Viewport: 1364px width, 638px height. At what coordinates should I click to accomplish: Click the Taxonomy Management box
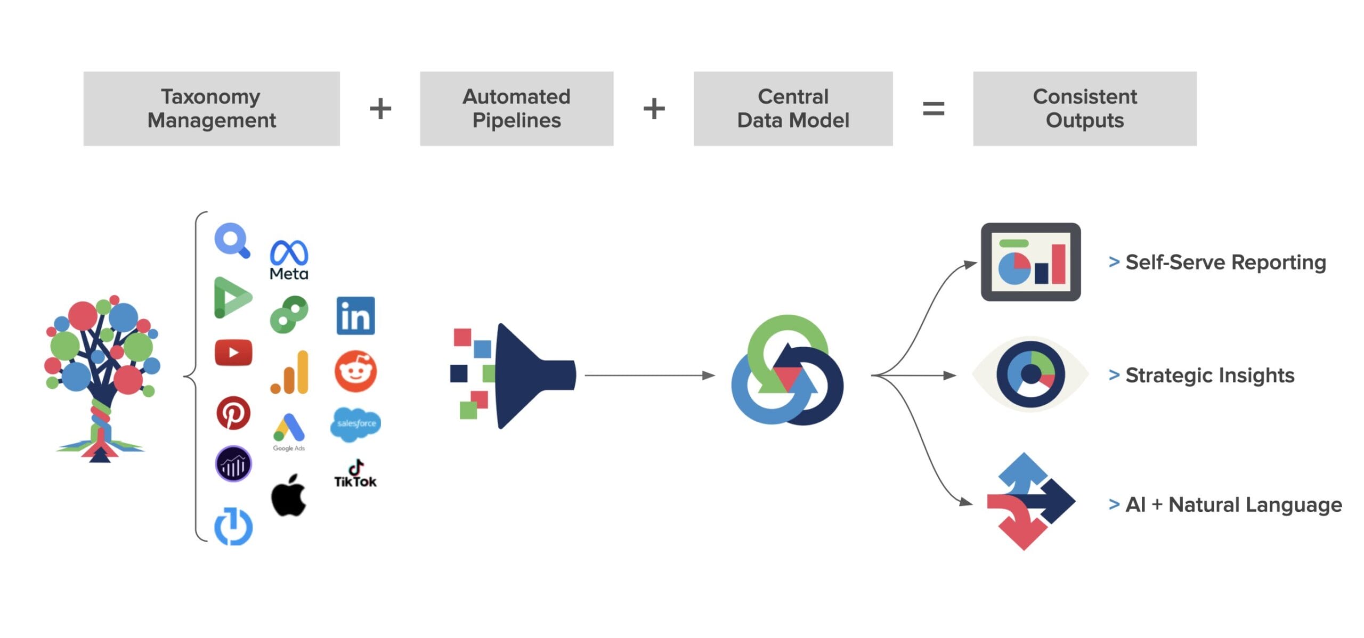(212, 109)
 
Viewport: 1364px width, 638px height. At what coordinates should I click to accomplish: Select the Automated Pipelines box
(516, 109)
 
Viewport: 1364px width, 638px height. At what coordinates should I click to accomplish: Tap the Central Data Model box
(793, 109)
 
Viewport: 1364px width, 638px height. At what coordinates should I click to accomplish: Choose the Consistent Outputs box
(1085, 109)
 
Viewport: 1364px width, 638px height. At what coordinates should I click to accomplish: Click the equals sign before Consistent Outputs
(933, 109)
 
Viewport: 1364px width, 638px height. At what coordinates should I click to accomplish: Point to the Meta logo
(289, 260)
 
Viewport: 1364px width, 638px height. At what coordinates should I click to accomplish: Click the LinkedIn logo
(355, 316)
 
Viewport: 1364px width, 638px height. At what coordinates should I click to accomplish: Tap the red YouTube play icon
(233, 353)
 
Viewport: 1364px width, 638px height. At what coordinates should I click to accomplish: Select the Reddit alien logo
(355, 371)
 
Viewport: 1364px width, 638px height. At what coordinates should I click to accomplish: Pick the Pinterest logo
(233, 413)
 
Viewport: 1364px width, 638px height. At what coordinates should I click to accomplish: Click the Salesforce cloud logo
(356, 424)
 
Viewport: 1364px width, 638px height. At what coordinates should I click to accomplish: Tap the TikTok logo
(355, 475)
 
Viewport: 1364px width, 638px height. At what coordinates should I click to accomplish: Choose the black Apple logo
(289, 496)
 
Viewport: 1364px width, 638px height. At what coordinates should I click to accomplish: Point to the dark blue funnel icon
(533, 375)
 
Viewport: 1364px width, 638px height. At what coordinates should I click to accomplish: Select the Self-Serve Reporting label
(1225, 262)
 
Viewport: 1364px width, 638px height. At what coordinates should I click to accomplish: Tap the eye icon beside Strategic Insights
(1030, 374)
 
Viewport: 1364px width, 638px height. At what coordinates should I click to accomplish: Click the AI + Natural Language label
(1233, 504)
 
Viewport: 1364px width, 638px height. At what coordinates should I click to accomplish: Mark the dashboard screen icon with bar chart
(1030, 262)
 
